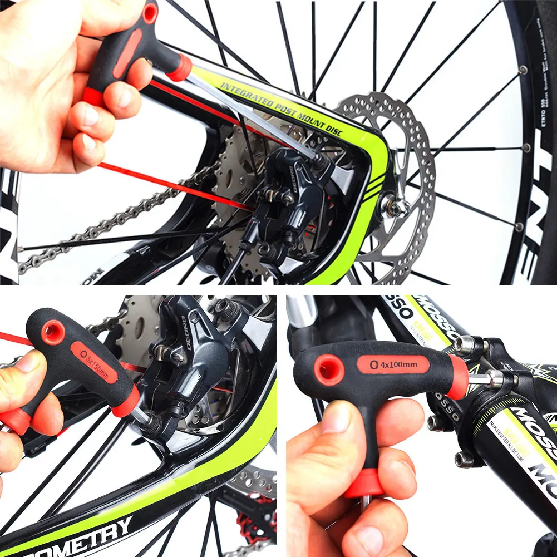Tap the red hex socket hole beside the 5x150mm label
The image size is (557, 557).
53,333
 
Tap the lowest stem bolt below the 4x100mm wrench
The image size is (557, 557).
464,459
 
